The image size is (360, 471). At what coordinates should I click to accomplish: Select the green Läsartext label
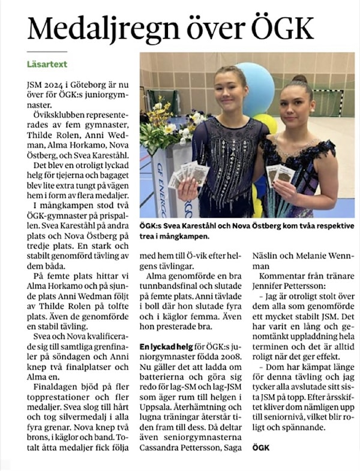click(47, 63)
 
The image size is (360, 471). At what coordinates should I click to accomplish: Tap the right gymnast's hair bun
click(299, 79)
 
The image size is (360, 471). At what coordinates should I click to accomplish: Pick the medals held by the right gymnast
click(281, 174)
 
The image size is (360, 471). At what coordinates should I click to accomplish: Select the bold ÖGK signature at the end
click(261, 448)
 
